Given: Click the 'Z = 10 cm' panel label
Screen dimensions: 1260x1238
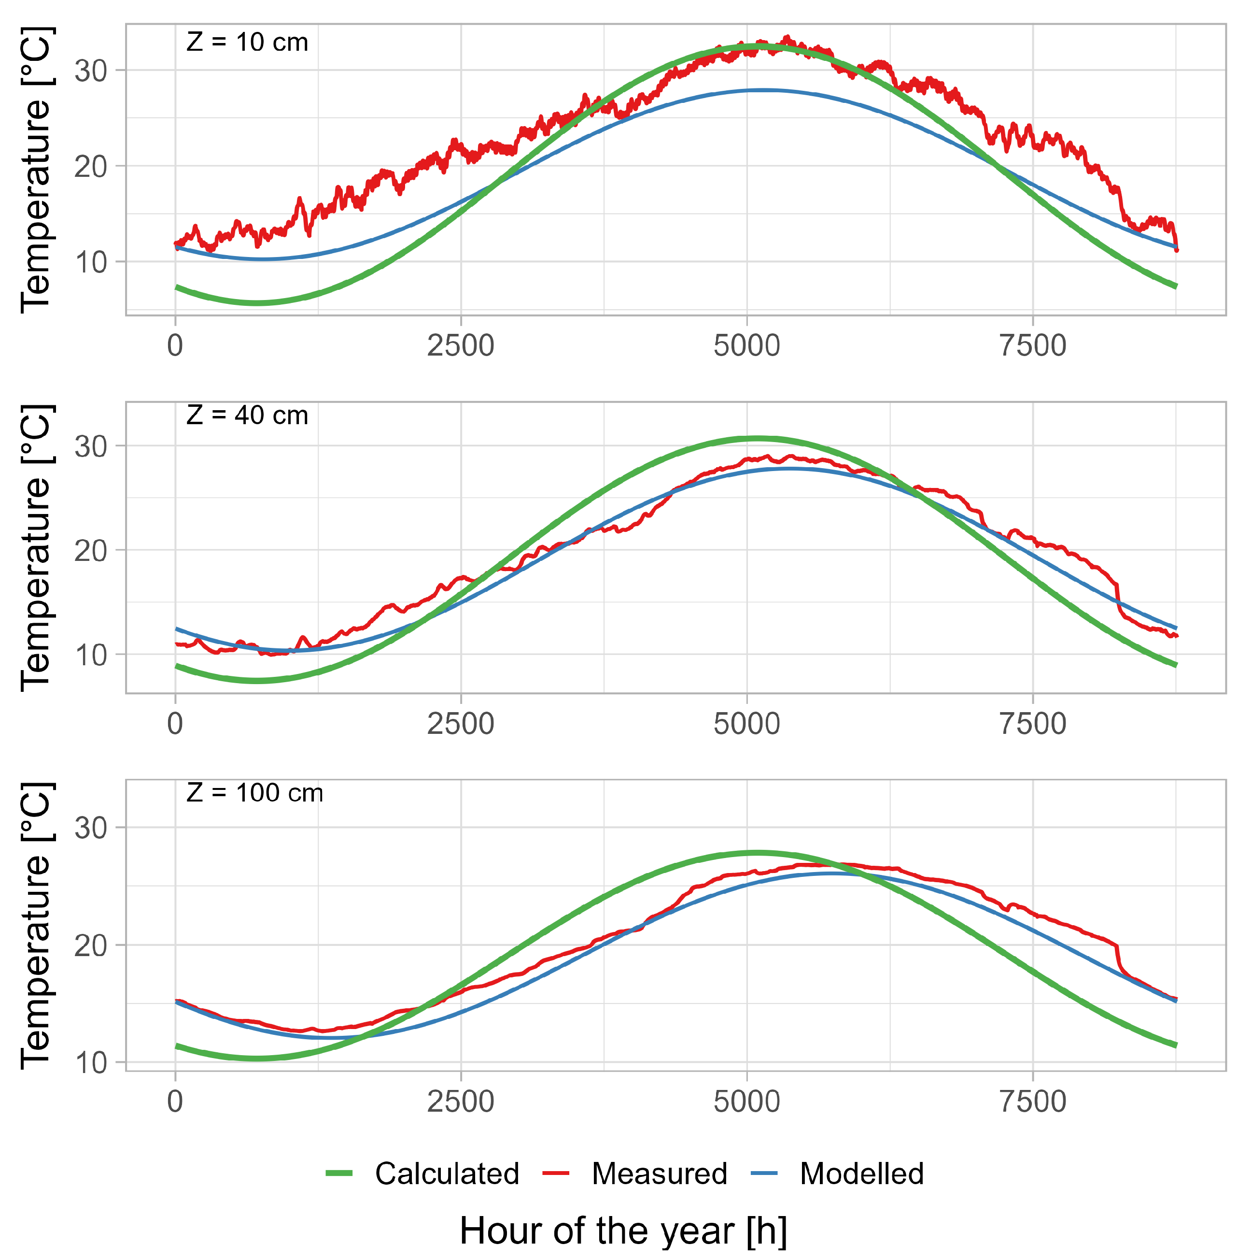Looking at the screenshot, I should click(247, 43).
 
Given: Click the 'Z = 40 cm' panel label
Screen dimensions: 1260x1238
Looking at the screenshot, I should click(247, 415).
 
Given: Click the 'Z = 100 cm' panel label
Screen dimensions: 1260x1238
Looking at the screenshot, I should click(254, 792).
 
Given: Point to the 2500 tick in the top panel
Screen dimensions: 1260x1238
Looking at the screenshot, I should click(460, 345).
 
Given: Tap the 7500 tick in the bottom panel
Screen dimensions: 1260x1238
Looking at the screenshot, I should click(1032, 1101).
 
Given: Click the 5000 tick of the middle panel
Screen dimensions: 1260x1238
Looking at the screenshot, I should click(746, 724).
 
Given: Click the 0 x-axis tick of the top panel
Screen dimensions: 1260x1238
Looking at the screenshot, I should click(175, 345).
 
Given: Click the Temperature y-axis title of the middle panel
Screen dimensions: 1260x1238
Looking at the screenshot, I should click(36, 548).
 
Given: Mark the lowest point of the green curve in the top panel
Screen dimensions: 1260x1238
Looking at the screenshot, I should click(257, 303).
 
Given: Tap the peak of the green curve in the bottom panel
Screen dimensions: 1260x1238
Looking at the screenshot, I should click(754, 853).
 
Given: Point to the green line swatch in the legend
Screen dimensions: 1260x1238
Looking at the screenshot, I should click(339, 1173).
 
